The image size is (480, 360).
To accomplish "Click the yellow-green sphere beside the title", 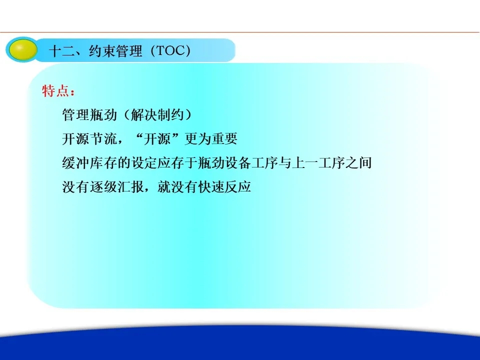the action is tap(21, 50).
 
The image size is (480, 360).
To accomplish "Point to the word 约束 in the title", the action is tap(102, 51).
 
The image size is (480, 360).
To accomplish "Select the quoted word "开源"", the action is tap(157, 138).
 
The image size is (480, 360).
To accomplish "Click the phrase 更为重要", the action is tap(211, 138).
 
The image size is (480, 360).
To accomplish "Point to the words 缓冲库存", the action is tap(89, 162).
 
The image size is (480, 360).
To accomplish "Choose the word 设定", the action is tap(144, 162).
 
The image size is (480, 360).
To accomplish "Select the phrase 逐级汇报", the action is tap(116, 186).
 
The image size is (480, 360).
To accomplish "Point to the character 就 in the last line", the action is tap(164, 186).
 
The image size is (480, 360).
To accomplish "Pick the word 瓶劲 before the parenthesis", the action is tap(103, 115).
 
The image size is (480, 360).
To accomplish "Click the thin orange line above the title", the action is tap(239, 32).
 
